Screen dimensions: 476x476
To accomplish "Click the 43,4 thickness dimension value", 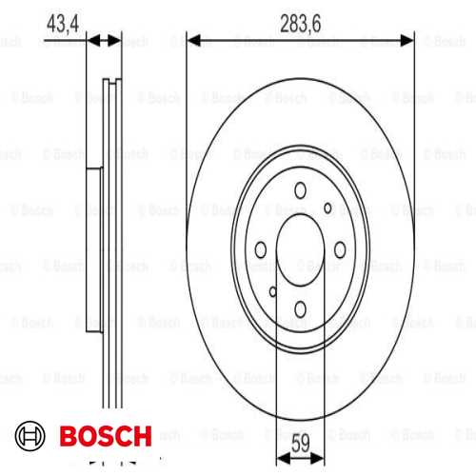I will (x=63, y=20).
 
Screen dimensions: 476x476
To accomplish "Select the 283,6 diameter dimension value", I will (x=300, y=20).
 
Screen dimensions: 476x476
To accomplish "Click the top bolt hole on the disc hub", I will (x=301, y=191).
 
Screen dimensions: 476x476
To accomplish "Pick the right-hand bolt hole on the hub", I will (x=340, y=248).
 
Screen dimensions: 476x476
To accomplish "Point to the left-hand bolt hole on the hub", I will (x=261, y=248).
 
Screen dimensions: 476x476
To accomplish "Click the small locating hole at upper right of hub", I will (x=328, y=208).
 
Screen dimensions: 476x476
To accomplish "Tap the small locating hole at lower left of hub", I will (x=272, y=291).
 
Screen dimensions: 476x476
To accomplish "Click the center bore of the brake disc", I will (x=301, y=249).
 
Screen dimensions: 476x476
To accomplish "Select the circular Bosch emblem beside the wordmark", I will (x=34, y=437).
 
